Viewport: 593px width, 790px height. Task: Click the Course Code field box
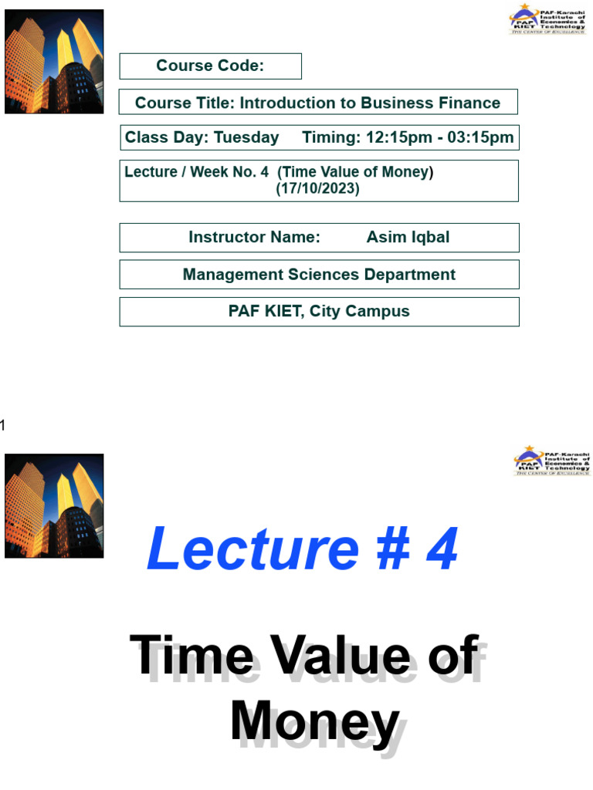pos(210,66)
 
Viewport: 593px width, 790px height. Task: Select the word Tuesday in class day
pos(246,138)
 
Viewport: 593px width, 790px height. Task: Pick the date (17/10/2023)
pos(317,189)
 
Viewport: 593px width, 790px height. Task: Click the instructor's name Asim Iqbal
pos(408,238)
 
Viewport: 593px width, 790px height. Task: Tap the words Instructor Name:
pos(254,238)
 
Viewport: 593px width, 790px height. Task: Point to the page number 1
pos(3,425)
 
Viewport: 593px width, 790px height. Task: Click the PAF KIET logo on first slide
pos(547,19)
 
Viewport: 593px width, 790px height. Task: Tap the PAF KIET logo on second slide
pos(551,461)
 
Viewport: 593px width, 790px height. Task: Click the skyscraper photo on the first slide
pos(54,62)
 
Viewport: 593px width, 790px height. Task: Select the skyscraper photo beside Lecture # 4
pos(54,505)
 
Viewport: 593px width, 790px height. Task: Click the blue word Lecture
pos(252,549)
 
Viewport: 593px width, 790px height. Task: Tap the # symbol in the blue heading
pos(395,549)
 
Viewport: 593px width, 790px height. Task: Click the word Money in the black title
pos(314,723)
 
